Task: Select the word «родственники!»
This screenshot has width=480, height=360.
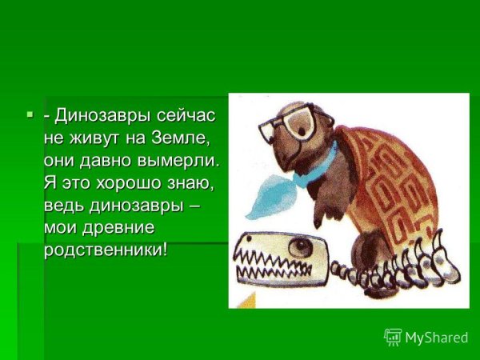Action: (106, 250)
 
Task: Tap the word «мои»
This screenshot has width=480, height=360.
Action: (62, 228)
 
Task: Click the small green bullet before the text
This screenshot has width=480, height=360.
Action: (30, 117)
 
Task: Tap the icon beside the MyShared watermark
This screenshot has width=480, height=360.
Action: (394, 337)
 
